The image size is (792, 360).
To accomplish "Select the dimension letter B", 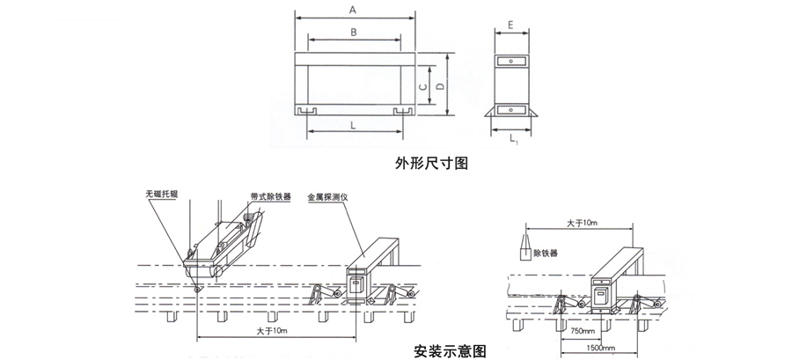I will click(x=352, y=32).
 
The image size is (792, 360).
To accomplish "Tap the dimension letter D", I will click(x=439, y=84).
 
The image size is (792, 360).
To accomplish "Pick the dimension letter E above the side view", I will click(x=510, y=26).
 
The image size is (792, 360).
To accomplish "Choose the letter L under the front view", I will click(x=352, y=126).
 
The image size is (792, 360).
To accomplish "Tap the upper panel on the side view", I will click(x=510, y=61).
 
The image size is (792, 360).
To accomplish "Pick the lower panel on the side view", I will click(x=510, y=109).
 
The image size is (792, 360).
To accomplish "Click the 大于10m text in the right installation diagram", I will click(x=582, y=224).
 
